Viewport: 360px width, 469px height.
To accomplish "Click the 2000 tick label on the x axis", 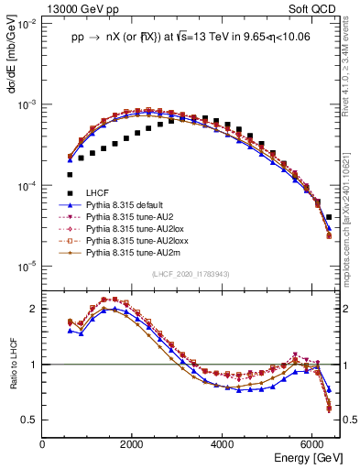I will (132, 444).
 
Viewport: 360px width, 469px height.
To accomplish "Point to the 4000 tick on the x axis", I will (223, 444).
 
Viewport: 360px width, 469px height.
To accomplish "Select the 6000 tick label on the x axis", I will (312, 444).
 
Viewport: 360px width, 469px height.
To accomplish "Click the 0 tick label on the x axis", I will (42, 444).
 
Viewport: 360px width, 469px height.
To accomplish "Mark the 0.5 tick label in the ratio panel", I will (29, 420).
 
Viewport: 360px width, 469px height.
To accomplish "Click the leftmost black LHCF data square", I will (70, 174).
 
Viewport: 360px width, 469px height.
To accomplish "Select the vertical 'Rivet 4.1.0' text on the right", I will (352, 73).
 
